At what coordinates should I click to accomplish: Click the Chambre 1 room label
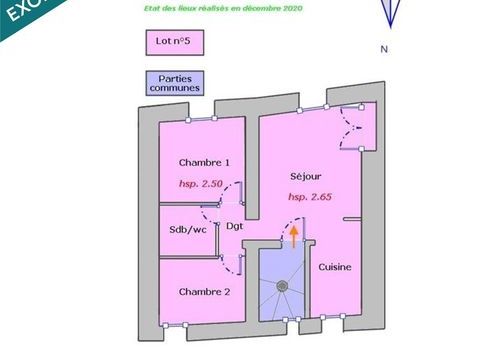(x=204, y=163)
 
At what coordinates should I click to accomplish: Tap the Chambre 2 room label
(x=204, y=291)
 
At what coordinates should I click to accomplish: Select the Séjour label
(x=305, y=175)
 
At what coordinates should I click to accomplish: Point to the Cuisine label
(x=335, y=268)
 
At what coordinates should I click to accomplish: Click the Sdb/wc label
(x=187, y=229)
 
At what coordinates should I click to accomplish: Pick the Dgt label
(x=234, y=226)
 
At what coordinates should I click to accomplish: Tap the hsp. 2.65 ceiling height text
(x=310, y=197)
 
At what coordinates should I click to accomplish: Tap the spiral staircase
(x=283, y=287)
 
